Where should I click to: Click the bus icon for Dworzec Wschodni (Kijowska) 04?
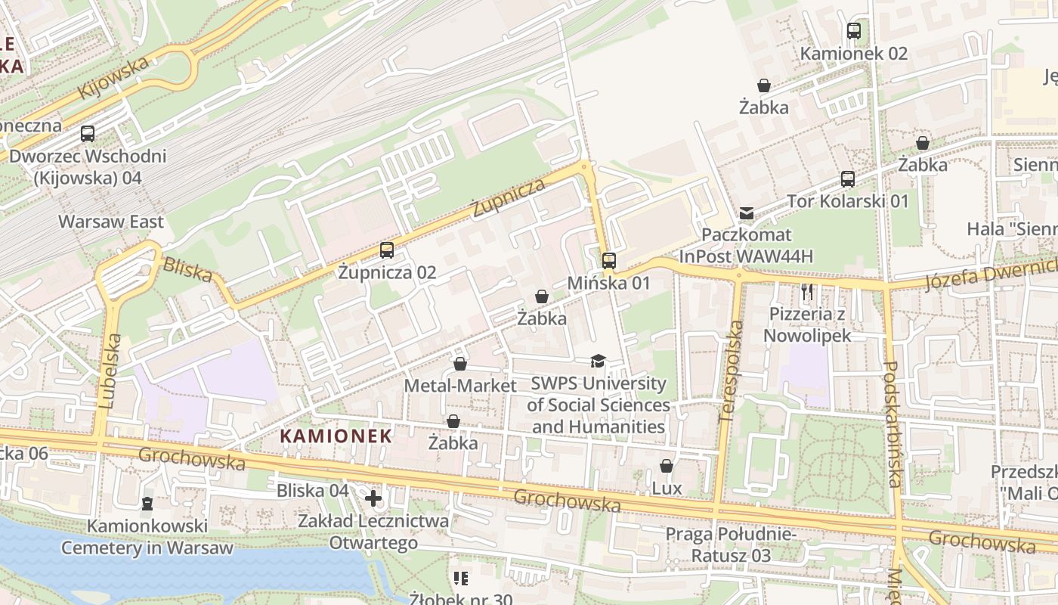coord(88,134)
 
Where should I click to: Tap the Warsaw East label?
coord(111,222)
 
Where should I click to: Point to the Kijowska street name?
coord(113,79)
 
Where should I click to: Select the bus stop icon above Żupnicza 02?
coord(387,250)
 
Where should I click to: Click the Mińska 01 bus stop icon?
coord(609,261)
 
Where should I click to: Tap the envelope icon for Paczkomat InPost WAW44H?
coord(747,213)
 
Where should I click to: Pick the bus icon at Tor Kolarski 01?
coord(848,179)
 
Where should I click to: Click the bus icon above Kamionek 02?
coord(854,31)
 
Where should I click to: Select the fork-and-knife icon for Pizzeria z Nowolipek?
coord(807,292)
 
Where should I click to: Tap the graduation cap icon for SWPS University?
coord(598,361)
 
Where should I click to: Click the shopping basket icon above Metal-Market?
coord(460,364)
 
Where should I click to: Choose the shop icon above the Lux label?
coord(667,466)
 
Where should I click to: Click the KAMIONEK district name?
coord(336,436)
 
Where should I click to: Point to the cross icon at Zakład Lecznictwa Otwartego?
coord(373,498)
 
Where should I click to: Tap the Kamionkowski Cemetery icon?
coord(147,503)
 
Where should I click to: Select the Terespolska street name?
coord(730,371)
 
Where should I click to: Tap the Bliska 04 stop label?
coord(312,490)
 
